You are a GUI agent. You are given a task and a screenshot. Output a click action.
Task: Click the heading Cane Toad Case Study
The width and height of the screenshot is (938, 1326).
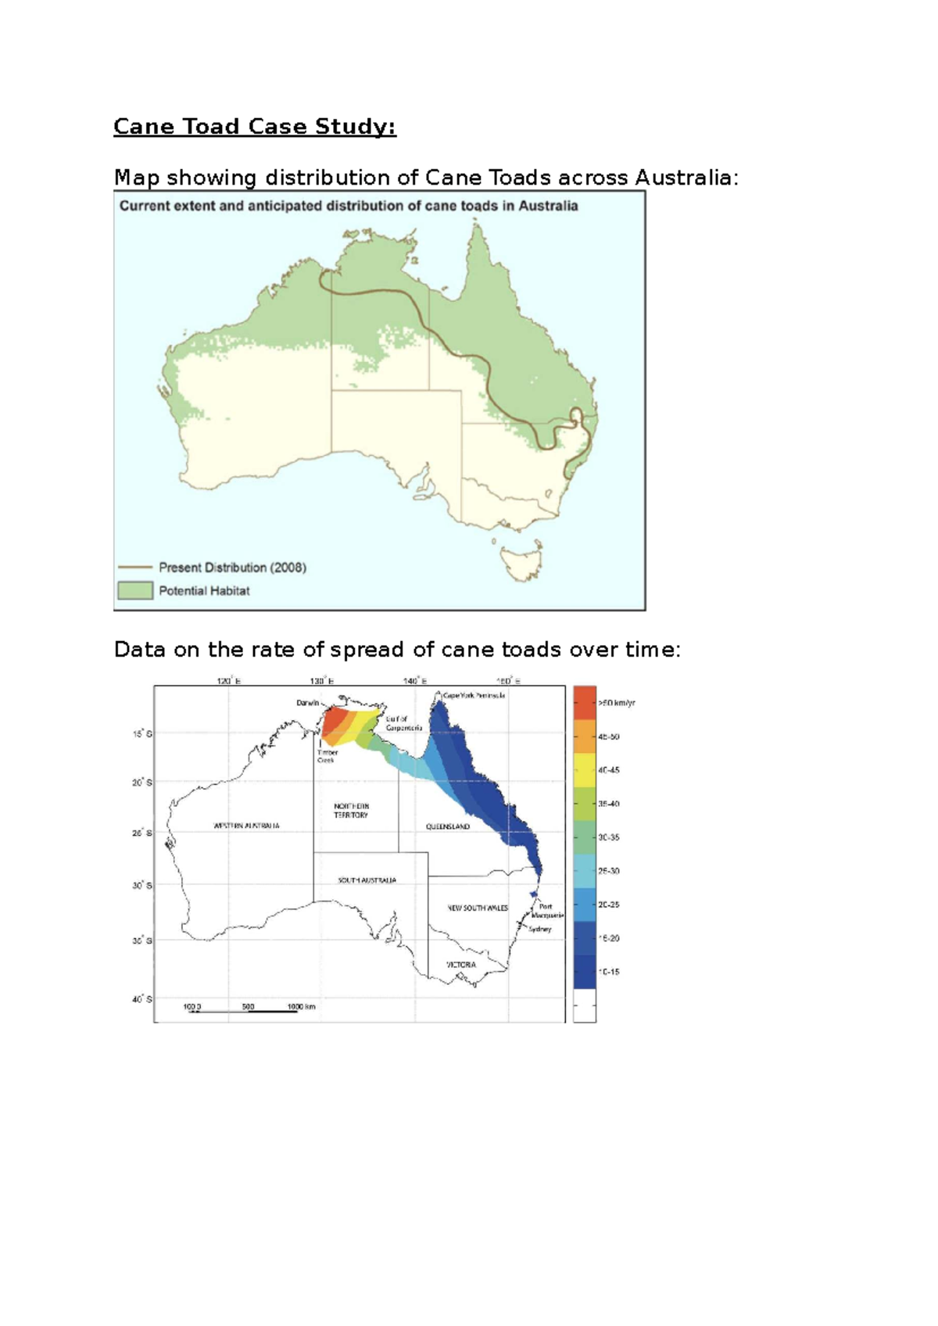[255, 127]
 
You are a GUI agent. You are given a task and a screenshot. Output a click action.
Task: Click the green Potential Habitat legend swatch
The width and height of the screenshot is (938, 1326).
[135, 590]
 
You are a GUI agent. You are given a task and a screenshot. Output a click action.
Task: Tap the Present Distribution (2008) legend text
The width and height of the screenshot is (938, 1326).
[232, 568]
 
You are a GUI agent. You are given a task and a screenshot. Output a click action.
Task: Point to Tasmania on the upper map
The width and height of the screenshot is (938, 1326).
[521, 562]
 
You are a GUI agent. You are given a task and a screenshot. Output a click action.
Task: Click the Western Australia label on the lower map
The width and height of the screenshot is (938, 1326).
[246, 826]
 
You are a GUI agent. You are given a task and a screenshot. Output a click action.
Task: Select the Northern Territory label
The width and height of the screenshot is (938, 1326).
[351, 811]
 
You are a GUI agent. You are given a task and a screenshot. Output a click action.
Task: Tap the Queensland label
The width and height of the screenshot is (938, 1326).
[448, 826]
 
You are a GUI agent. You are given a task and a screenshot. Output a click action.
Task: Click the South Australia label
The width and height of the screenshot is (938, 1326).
[367, 880]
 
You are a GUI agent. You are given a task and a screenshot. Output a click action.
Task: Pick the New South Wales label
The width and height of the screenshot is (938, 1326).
[477, 908]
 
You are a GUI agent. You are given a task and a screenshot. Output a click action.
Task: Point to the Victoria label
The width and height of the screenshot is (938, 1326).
[460, 965]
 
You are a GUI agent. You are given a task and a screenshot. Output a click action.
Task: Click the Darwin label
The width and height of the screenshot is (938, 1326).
[307, 703]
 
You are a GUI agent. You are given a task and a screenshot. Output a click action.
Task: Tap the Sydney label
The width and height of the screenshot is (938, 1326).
[540, 929]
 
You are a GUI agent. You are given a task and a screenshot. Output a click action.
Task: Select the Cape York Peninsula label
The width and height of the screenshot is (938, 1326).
[474, 695]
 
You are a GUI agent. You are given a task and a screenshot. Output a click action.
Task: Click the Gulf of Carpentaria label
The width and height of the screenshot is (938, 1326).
[403, 723]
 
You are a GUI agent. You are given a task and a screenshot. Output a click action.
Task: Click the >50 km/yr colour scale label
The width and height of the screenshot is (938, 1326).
[617, 703]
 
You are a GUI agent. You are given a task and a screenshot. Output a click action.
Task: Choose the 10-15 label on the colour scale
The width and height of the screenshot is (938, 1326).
[609, 972]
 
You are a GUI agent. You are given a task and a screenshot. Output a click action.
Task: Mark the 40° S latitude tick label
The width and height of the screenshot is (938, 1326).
[142, 999]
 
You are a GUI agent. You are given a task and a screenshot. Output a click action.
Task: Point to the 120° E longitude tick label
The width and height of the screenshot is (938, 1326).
[228, 681]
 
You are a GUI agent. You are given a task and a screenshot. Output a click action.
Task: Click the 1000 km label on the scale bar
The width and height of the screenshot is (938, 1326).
[301, 1006]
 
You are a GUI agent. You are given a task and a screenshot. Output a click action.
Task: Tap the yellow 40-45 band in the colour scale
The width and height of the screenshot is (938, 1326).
[585, 770]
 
